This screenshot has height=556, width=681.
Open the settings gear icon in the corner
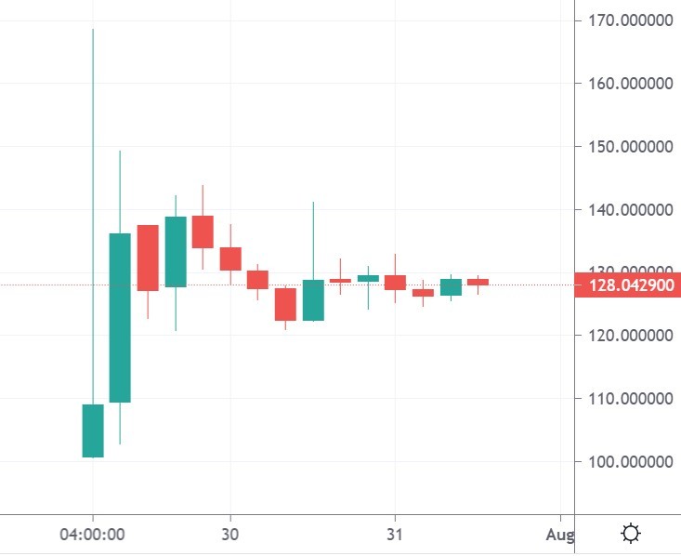631,534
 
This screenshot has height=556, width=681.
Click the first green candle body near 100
93,430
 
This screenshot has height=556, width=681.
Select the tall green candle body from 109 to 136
120,317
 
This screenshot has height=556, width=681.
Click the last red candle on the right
478,282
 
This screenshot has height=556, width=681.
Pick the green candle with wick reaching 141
313,299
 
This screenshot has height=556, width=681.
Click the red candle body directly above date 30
230,258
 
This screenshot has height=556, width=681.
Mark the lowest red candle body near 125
285,304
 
